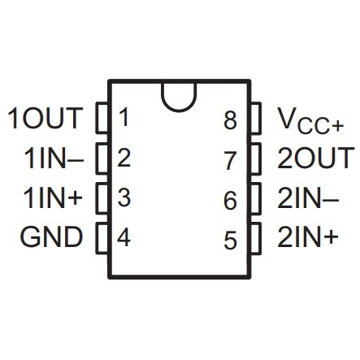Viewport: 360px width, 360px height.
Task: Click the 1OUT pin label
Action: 46,118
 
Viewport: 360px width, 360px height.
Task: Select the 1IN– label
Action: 54,158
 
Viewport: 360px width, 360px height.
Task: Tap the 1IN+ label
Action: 53,198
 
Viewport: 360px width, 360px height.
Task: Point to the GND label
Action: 51,237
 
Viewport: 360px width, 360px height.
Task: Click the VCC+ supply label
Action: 311,120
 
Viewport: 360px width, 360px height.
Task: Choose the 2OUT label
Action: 316,158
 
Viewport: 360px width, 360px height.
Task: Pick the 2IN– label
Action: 308,198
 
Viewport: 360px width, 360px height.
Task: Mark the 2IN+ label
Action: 308,237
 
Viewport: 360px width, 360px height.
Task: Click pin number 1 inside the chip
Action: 124,117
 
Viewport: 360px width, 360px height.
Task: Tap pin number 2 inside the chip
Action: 124,157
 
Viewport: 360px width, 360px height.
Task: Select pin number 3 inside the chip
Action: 124,197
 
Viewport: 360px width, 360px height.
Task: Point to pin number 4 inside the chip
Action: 124,237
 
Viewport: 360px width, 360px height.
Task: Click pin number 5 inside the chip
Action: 230,240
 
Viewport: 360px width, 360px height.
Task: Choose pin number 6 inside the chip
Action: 230,200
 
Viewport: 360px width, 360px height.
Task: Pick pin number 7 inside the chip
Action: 230,160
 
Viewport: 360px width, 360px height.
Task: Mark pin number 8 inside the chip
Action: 230,120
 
